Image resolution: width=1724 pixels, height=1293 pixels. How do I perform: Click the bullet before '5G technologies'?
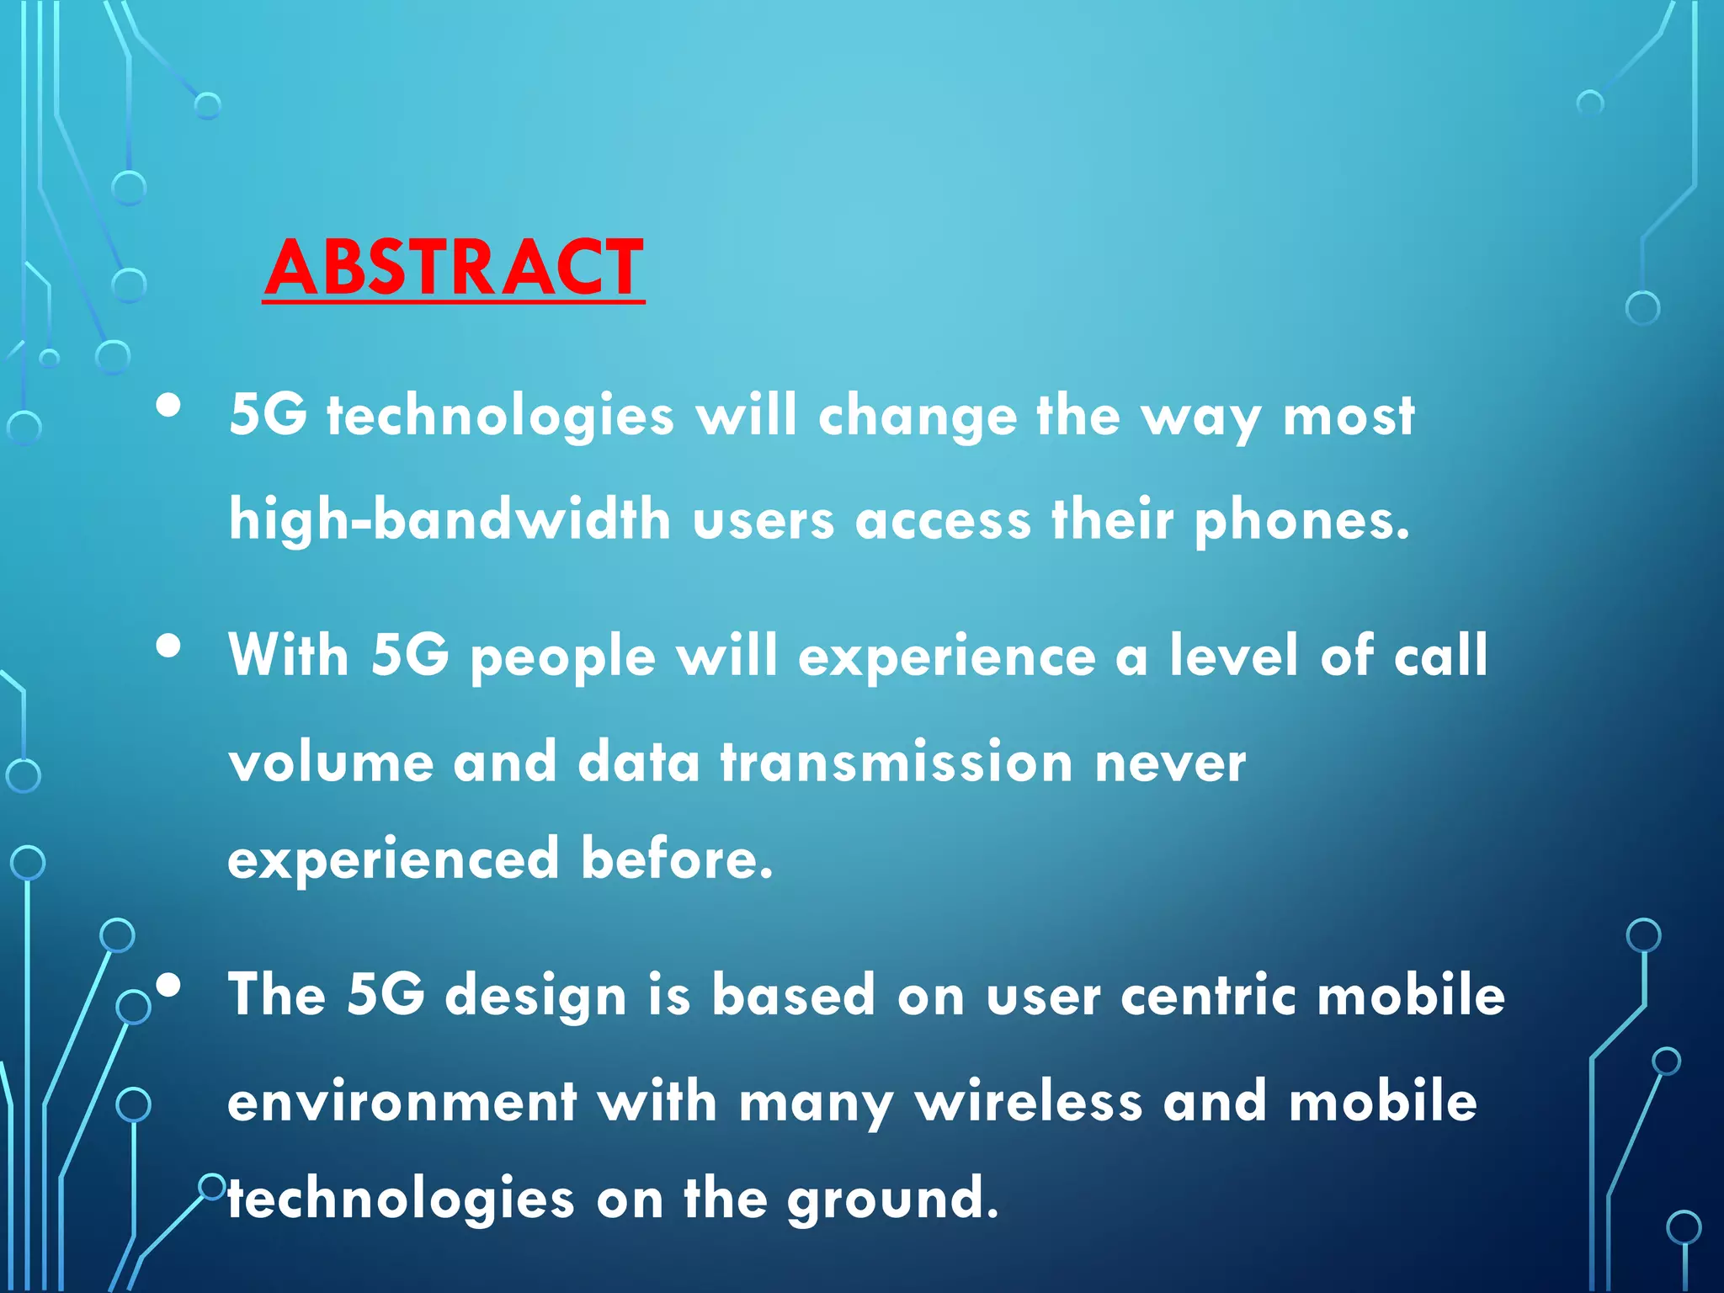coord(168,407)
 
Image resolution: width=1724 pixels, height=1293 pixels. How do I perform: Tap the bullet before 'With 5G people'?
coord(168,646)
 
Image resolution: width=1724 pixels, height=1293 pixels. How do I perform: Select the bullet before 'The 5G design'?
coord(168,985)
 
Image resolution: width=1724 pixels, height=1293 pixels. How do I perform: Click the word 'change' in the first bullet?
coord(917,418)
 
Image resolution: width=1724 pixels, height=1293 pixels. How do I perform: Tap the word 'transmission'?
coord(897,762)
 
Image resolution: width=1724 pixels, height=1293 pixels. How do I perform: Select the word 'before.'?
coord(677,859)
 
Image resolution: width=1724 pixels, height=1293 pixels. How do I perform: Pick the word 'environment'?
coord(402,1102)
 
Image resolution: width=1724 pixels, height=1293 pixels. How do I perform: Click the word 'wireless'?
coord(1029,1102)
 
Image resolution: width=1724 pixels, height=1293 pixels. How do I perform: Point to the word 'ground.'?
coord(892,1200)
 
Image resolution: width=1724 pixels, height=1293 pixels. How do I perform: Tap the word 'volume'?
coord(331,762)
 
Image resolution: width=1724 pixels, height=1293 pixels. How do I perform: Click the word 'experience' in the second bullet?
coord(946,657)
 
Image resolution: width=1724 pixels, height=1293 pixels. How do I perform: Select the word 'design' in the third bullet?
coord(535,996)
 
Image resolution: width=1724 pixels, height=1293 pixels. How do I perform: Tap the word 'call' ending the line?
coord(1440,656)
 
